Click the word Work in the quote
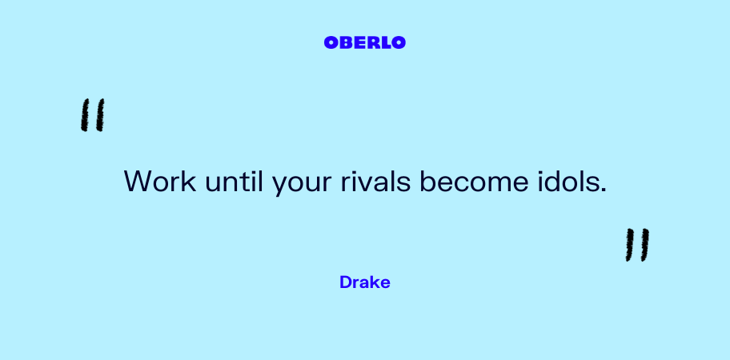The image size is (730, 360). click(160, 181)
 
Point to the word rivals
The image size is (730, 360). click(375, 181)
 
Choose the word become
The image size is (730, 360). click(474, 181)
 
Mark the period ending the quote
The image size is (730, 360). click(604, 190)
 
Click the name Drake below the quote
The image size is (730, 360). click(364, 282)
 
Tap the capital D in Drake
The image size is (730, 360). click(346, 282)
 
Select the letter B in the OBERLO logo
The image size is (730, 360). click(346, 42)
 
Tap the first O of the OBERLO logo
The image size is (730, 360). click(331, 42)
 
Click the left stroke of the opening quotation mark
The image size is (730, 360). click(85, 115)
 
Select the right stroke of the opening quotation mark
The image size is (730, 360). click(99, 115)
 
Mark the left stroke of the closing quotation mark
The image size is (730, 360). click(629, 245)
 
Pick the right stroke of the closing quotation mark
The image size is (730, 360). click(644, 245)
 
